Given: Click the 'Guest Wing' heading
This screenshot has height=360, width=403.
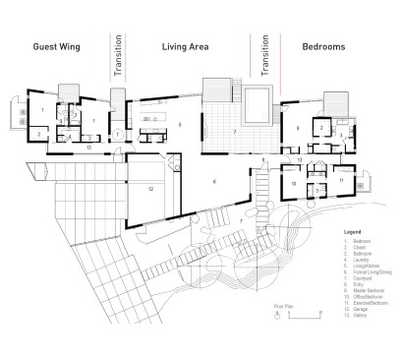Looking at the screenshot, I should click(56, 46).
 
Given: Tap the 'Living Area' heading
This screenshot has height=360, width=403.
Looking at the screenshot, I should click(187, 46).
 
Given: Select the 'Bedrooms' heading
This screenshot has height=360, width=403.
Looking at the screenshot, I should click(323, 46).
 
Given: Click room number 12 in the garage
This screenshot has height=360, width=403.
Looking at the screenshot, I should click(151, 188).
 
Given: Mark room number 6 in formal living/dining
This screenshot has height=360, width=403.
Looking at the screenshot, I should click(214, 182).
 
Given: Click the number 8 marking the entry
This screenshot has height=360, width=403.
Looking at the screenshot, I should click(263, 159).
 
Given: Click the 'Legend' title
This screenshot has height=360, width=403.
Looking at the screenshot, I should click(354, 232).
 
